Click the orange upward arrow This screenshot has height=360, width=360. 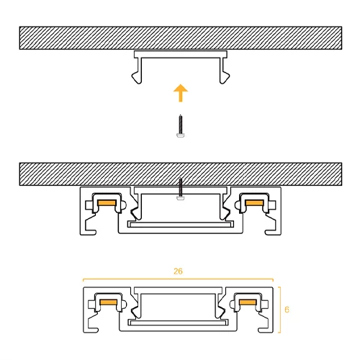181,93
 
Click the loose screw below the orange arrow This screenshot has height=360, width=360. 181,126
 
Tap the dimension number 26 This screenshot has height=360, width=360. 178,271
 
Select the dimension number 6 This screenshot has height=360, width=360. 287,310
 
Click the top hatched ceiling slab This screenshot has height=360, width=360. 181,38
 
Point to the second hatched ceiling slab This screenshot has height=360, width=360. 181,174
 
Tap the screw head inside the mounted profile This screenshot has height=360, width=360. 181,198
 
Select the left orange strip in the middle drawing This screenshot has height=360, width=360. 107,203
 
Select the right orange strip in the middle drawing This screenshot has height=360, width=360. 254,203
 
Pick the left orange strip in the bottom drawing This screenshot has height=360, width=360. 109,302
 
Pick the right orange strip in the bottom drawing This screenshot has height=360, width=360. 248,302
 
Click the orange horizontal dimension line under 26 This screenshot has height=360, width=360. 178,279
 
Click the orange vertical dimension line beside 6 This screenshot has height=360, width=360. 280,310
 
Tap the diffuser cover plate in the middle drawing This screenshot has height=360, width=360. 181,225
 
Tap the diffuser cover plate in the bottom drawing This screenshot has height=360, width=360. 178,323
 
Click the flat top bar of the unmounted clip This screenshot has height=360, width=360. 181,55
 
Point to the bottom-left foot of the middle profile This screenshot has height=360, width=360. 89,233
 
